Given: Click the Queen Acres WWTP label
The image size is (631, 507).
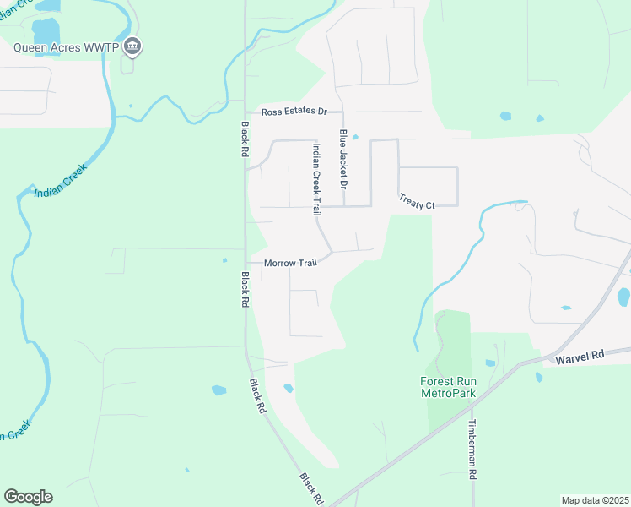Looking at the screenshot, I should point(64,47).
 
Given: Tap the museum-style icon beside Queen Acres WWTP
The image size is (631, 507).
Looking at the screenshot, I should point(132,46).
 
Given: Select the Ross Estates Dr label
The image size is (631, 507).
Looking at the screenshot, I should point(294,112).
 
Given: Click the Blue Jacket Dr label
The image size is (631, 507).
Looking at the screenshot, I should point(343,159).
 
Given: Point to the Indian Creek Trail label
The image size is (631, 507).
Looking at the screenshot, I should point(316,178).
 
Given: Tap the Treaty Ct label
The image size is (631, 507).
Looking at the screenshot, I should point(417,205).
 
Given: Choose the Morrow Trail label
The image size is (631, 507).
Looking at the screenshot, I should point(290,263).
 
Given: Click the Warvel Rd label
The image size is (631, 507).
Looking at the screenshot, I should point(581,358).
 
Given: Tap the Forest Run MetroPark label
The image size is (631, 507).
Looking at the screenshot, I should point(449,387).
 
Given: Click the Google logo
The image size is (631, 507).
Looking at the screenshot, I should point(28,497).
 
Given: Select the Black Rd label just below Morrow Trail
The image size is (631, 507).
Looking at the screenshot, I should point(244,287).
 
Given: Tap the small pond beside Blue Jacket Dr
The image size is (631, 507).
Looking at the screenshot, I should point(355,137).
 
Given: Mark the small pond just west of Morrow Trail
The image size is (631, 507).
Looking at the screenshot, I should point(224,260).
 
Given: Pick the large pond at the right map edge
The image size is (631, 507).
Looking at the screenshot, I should point(623,297).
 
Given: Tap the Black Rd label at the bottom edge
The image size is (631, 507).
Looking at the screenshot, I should point(311,489).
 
